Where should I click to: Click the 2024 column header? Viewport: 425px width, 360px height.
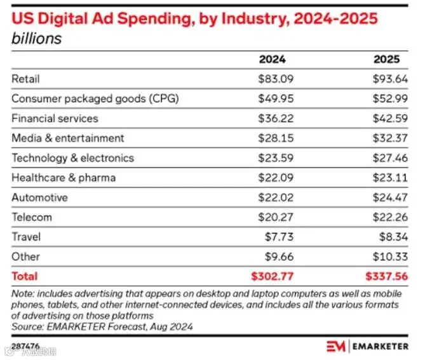point(272,59)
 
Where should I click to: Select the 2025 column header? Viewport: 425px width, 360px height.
point(386,59)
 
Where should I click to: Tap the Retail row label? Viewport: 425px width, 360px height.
point(25,79)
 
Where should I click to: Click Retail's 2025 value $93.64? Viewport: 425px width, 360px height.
point(390,79)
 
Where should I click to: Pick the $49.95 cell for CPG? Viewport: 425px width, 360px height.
point(276,98)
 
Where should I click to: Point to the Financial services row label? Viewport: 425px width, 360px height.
point(55,118)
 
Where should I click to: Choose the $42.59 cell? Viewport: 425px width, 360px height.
point(390,118)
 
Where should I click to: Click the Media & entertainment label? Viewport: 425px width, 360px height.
point(68,138)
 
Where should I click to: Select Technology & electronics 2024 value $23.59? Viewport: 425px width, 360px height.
point(276,158)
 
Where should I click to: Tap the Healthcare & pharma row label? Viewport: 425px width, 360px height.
point(64,178)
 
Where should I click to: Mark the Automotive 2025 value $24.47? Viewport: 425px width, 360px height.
point(390,197)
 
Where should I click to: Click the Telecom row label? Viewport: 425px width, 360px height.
point(32,217)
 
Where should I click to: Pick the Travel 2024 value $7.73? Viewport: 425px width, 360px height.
point(279,237)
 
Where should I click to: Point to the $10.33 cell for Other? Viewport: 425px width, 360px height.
point(390,257)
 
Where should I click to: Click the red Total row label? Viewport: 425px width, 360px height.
point(25,276)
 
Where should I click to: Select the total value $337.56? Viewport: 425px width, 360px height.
point(386,276)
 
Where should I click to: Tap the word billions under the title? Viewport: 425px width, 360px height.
point(37,39)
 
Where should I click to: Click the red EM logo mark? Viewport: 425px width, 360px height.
point(336,346)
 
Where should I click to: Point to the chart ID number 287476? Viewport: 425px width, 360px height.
point(25,346)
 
